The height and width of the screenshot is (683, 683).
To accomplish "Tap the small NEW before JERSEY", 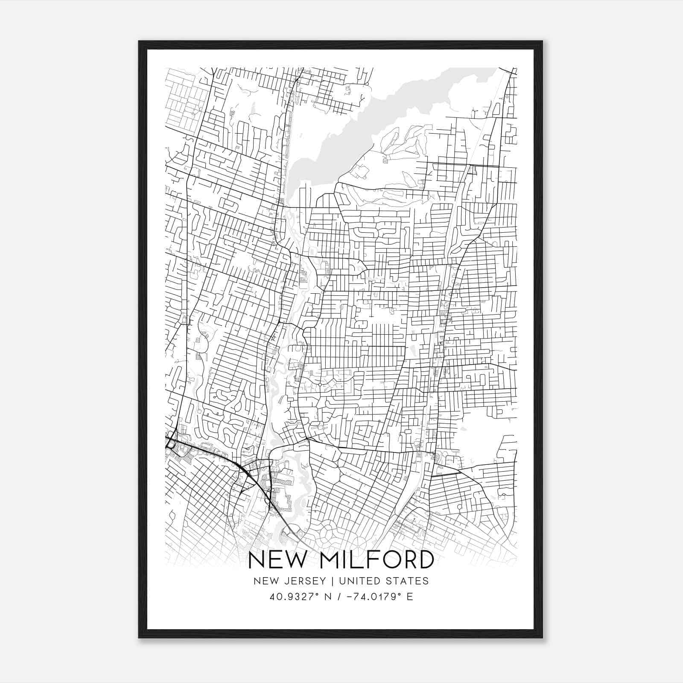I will click(x=265, y=581).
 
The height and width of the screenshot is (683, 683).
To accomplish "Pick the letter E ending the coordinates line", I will click(x=410, y=597).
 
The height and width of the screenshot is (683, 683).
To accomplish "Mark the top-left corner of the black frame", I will click(x=139, y=42).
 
